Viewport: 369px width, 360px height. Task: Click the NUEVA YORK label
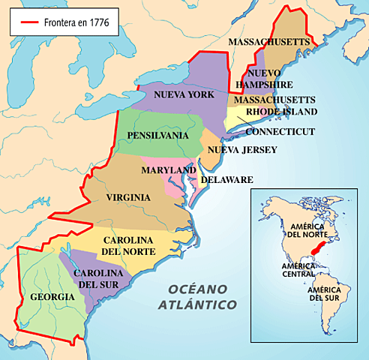point(184,95)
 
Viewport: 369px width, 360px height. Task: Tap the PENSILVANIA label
point(157,136)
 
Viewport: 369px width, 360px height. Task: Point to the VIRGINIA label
point(128,198)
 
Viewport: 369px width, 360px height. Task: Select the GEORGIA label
point(52,297)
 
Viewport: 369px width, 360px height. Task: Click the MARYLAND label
point(169,171)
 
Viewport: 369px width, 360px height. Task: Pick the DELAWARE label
point(226,180)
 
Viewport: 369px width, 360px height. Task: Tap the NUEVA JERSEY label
point(242,150)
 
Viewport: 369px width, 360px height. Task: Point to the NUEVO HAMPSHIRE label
point(271,79)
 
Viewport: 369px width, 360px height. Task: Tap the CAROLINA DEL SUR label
point(98,279)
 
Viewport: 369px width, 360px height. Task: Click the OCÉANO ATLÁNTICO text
point(197,297)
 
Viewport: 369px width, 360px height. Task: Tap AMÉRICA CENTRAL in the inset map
point(298,270)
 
